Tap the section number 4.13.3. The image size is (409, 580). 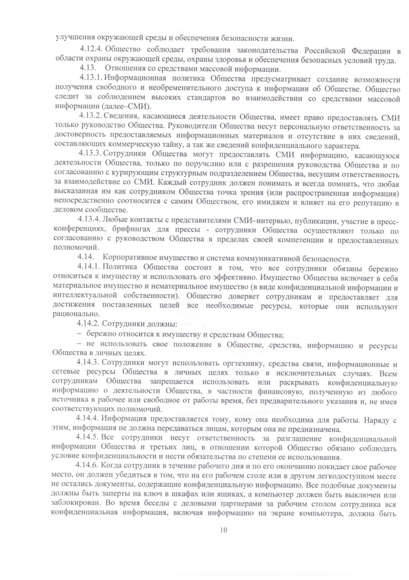92,153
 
